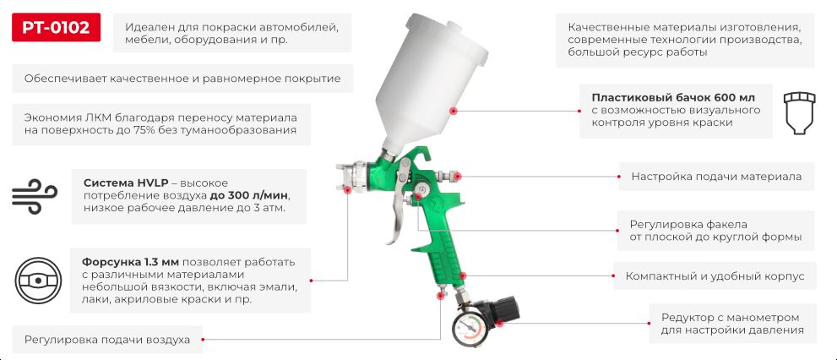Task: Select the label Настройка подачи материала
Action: click(716, 177)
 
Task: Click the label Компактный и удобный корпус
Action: click(715, 276)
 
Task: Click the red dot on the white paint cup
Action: click(454, 110)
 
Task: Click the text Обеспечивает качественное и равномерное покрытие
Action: click(182, 79)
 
